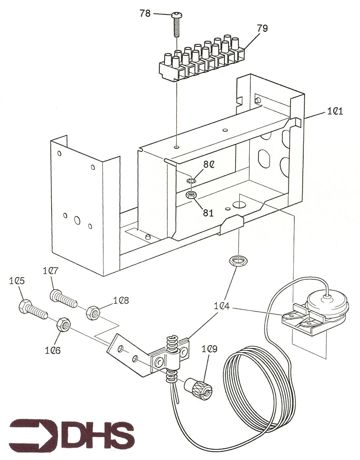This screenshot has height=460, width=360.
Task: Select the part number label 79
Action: point(262,28)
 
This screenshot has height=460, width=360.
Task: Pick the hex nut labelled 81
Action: point(191,195)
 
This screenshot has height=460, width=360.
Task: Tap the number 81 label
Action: point(208,213)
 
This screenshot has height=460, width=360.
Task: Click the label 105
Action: point(17,281)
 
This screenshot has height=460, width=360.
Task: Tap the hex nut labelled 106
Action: point(63,324)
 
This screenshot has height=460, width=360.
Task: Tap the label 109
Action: point(210,349)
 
